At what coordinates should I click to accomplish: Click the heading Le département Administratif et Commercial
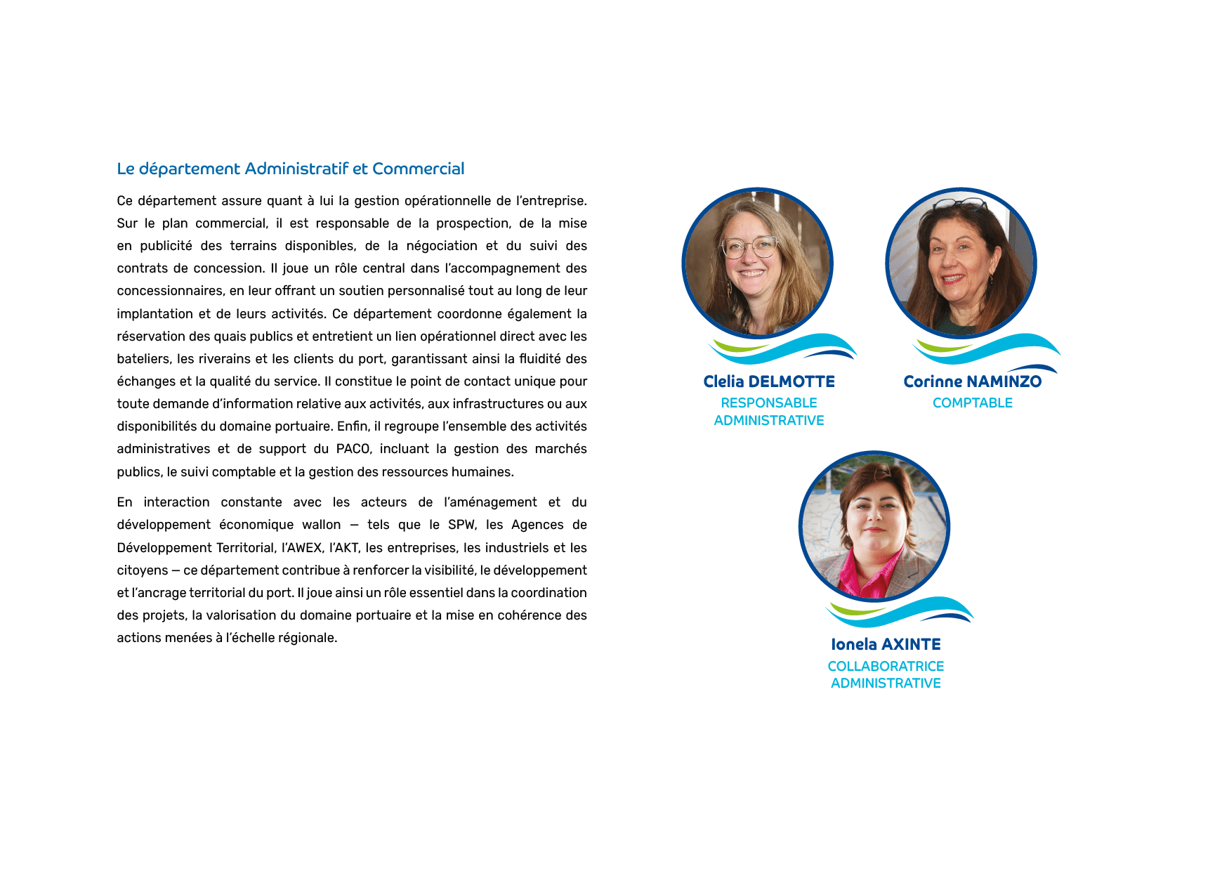pyautogui.click(x=291, y=169)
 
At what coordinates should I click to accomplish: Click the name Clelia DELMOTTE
pyautogui.click(x=769, y=381)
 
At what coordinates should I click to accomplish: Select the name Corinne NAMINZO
pyautogui.click(x=973, y=381)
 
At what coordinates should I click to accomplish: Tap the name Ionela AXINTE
pyautogui.click(x=886, y=644)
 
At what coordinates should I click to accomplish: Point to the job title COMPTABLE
pyautogui.click(x=973, y=403)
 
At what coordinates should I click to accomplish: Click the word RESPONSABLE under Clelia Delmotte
pyautogui.click(x=769, y=403)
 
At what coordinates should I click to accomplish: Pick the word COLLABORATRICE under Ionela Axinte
pyautogui.click(x=886, y=666)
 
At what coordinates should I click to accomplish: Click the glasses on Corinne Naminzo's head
pyautogui.click(x=960, y=204)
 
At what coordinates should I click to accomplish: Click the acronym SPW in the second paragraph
pyautogui.click(x=461, y=525)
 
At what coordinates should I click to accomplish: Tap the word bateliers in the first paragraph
pyautogui.click(x=143, y=359)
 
